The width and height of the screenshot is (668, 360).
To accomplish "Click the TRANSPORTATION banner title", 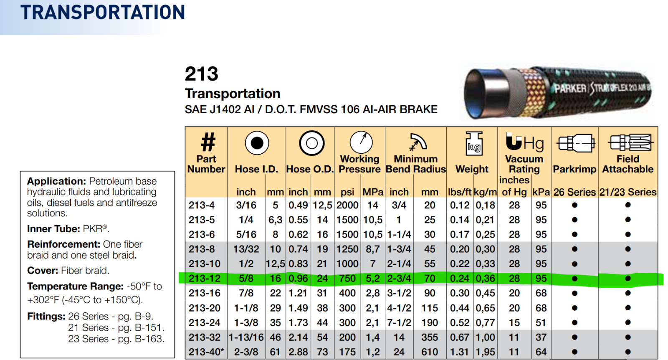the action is coord(103,12).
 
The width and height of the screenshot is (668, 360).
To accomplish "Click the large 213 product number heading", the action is coord(202,74).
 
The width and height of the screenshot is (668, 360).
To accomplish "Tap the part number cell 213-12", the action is coord(205,278).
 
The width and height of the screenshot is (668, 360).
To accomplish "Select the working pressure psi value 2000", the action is coord(347,205).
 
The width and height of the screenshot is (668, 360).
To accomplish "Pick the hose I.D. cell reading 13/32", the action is coord(246,249).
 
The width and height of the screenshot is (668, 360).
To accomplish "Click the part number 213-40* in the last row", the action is coord(206,352).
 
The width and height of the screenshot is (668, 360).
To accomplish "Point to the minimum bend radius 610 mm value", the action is coord(430,352).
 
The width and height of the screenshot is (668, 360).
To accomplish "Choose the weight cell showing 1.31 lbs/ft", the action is coord(460,352).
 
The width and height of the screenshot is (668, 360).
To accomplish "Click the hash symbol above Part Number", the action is coord(208,142).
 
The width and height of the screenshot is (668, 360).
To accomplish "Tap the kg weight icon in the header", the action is coord(474,144).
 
